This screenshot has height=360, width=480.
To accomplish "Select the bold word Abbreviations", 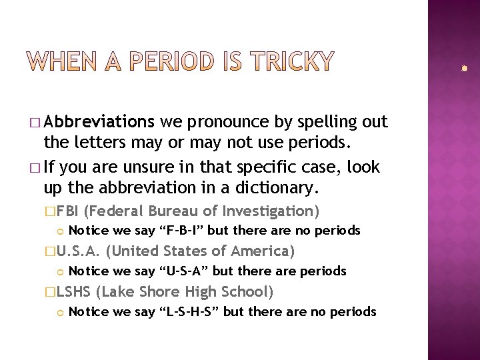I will click(99, 123).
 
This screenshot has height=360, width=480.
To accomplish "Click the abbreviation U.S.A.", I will click(79, 251).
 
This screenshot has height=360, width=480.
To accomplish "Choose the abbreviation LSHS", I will click(73, 291).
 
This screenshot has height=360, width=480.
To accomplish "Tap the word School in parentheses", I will click(245, 291).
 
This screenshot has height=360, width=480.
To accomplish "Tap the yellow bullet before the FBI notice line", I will click(61, 231).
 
